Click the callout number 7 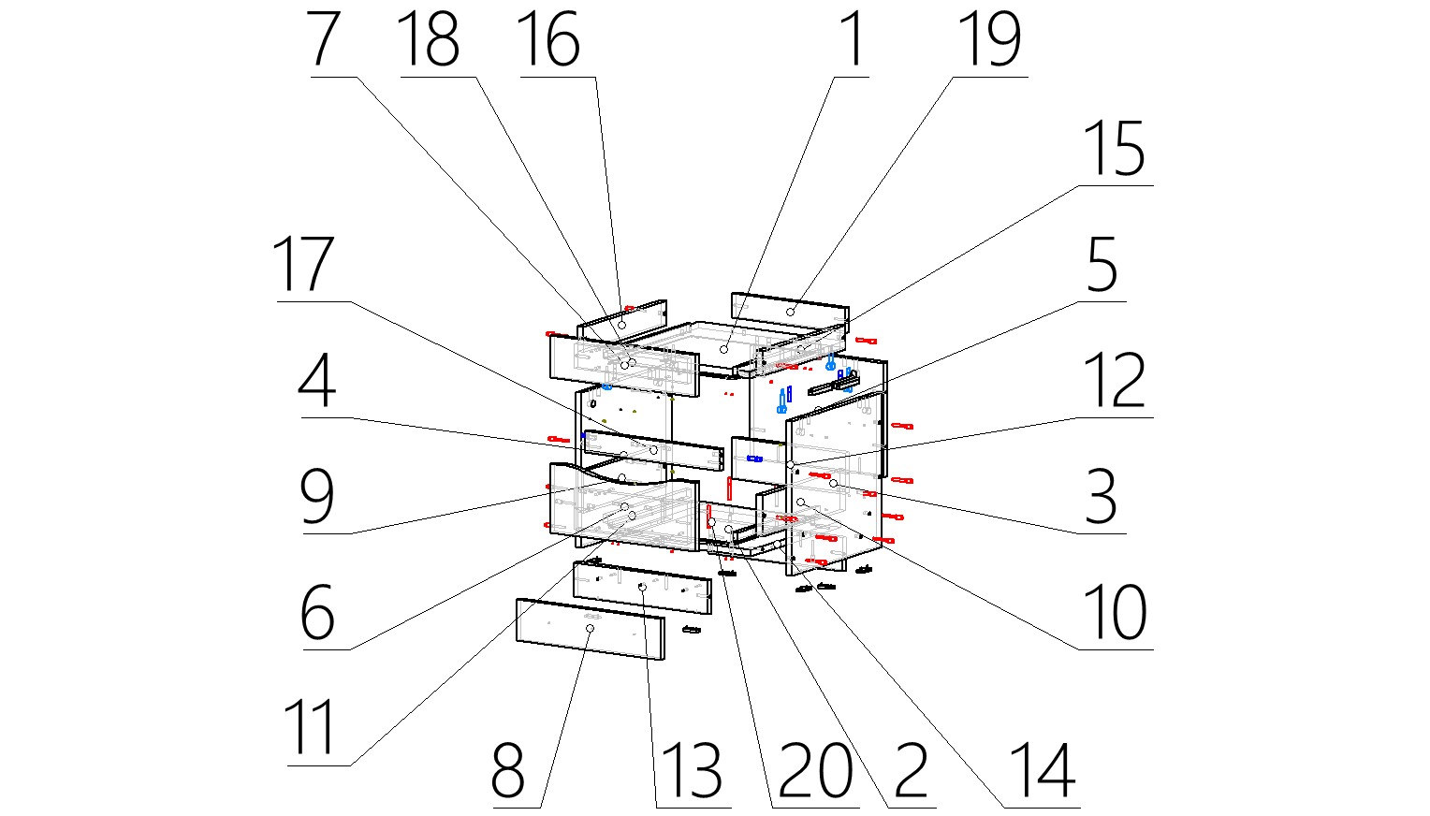pos(323,40)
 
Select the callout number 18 pos(429,40)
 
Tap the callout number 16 pos(549,40)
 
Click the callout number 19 pos(990,40)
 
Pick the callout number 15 pos(1114,150)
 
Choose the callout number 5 pos(1102,266)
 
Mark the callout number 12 pos(1114,381)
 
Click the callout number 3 pos(1102,498)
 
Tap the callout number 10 pos(1115,613)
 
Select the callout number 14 pos(1043,771)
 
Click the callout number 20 pos(815,771)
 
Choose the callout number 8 pos(508,771)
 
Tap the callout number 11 pos(311,729)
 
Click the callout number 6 pos(317,613)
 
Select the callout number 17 pos(302,266)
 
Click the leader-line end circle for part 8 pos(590,629)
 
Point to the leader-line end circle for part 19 pos(791,311)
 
